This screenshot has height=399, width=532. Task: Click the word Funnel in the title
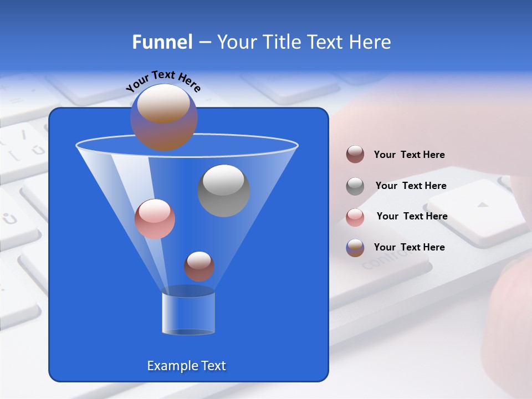(162, 42)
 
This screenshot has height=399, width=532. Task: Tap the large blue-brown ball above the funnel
(164, 117)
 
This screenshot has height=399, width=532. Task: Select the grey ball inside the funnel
(224, 191)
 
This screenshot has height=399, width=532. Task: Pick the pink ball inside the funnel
(155, 219)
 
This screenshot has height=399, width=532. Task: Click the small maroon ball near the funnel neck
(199, 266)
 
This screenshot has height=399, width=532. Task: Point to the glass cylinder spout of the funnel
(188, 313)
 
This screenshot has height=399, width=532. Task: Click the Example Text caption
(186, 366)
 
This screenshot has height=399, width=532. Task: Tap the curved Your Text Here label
(163, 80)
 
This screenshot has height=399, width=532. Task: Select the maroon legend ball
(355, 154)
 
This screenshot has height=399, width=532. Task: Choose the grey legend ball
(355, 186)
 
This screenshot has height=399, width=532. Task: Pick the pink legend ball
(355, 217)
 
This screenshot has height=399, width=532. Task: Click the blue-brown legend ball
(355, 248)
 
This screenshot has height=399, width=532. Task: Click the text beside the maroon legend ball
(409, 155)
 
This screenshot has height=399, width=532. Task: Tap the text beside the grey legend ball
(411, 186)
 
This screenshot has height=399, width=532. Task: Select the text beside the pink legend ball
(412, 216)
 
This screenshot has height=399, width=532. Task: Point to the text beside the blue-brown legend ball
(409, 247)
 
